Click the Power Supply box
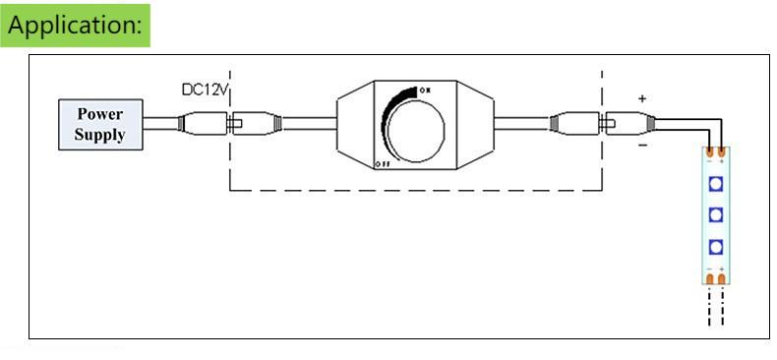coord(100,125)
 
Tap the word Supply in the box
coord(99,135)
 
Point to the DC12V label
coord(206,90)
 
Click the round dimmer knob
coord(415,131)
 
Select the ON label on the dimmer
coord(425,90)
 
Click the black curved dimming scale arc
coord(389,116)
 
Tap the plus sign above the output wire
coord(642,98)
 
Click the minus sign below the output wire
coord(642,146)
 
